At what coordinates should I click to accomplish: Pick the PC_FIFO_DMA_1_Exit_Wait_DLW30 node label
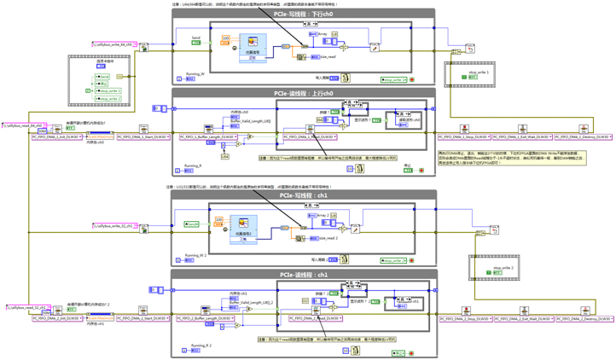click(518, 136)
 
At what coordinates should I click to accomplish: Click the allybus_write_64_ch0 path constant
click(114, 44)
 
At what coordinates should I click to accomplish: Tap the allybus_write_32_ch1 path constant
click(114, 226)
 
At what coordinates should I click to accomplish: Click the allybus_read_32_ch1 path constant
click(26, 307)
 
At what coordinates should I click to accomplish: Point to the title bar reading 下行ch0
click(304, 14)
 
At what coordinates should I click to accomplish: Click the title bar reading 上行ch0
click(304, 93)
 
